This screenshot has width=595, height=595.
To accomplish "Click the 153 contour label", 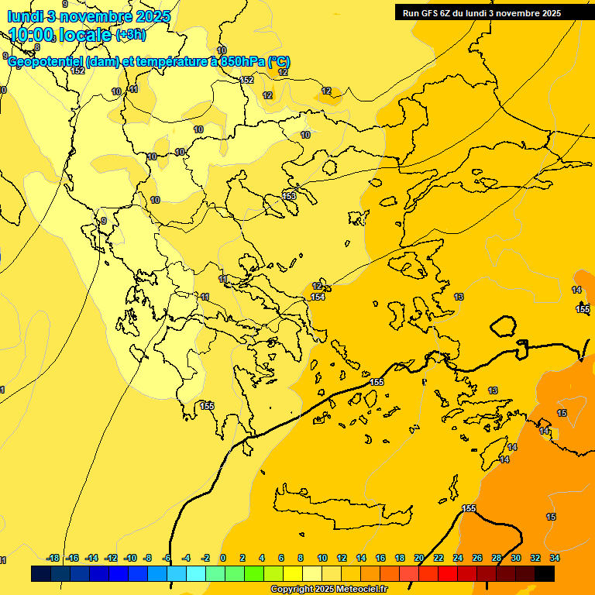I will click(290, 196).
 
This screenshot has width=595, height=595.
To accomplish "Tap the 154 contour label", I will click(318, 297).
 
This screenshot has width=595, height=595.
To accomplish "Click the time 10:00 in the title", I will click(32, 34).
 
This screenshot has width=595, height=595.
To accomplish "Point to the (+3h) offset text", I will click(130, 34).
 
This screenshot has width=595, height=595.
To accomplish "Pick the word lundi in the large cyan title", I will click(25, 15).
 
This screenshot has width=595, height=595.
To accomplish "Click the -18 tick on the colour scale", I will click(53, 558).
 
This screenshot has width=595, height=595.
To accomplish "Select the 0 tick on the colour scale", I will click(223, 558).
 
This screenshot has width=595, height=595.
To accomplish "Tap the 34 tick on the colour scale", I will click(555, 558).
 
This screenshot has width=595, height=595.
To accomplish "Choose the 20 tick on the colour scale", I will click(419, 558).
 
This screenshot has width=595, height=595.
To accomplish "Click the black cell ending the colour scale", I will click(545, 573).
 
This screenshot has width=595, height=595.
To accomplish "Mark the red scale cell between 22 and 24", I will click(448, 573).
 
